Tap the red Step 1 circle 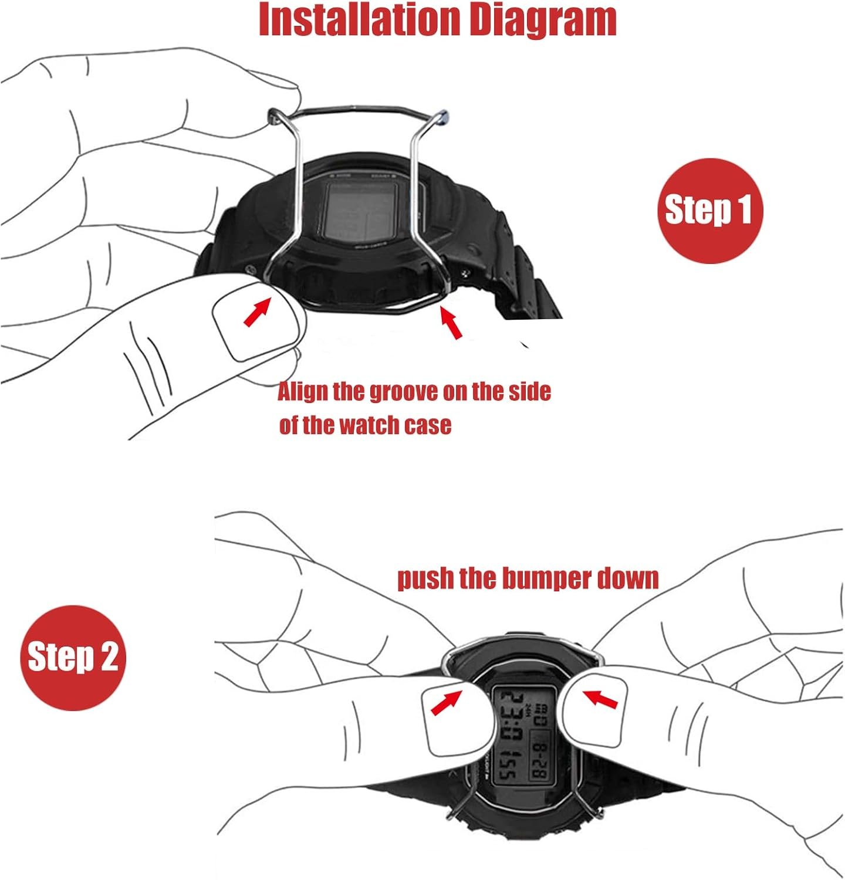[708, 210]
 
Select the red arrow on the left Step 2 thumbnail [445, 702]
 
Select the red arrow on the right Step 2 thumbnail [600, 699]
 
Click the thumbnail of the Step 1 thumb [255, 326]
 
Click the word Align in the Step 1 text [302, 392]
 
